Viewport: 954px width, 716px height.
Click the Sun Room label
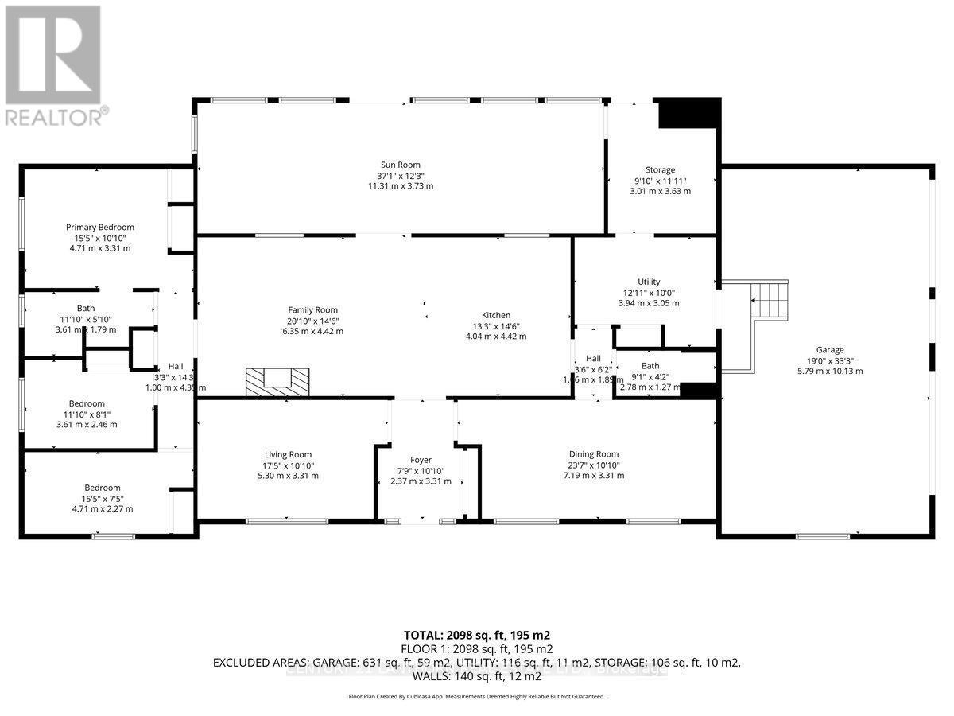click(400, 165)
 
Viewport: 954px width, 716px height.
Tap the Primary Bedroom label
click(100, 228)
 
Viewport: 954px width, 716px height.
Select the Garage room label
click(829, 349)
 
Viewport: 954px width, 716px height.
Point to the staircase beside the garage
click(769, 300)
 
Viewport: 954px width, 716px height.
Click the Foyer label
click(421, 460)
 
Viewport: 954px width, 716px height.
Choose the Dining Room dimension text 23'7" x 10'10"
click(594, 465)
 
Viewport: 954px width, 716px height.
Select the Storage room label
click(660, 169)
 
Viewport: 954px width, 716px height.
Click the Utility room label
click(649, 282)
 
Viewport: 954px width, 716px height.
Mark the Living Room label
click(266, 454)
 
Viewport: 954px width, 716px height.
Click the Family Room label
click(312, 310)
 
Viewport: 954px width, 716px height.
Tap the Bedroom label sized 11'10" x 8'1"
click(86, 403)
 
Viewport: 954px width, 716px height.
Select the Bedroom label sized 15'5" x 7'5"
click(103, 488)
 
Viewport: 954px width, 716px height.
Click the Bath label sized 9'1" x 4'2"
click(650, 366)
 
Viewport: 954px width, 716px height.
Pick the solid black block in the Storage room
click(688, 113)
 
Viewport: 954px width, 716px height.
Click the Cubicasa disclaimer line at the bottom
click(476, 696)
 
